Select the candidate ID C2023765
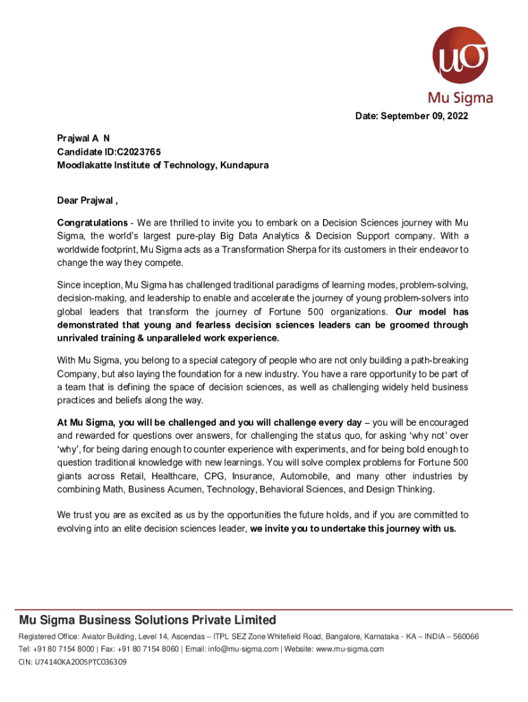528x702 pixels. pyautogui.click(x=139, y=152)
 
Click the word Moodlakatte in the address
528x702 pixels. pyautogui.click(x=82, y=165)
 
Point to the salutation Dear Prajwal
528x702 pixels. pyautogui.click(x=87, y=201)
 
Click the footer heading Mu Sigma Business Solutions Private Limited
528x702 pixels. pyautogui.click(x=147, y=620)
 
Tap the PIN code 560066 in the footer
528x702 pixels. pyautogui.click(x=464, y=637)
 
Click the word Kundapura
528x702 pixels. pyautogui.click(x=244, y=165)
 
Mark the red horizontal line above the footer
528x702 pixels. pyautogui.click(x=264, y=609)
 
